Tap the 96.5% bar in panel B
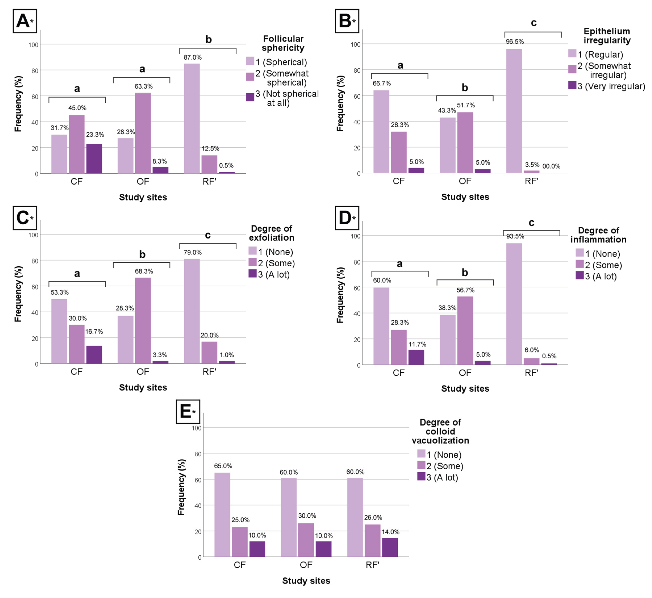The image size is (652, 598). (x=514, y=111)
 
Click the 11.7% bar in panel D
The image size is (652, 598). (x=416, y=357)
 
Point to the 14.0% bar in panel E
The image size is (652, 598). (x=390, y=547)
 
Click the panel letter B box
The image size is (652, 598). (x=347, y=21)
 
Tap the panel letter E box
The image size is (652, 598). (x=188, y=412)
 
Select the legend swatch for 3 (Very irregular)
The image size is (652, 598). (x=572, y=85)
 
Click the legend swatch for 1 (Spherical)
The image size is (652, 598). (x=250, y=61)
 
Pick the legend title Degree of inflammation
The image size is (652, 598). (x=598, y=235)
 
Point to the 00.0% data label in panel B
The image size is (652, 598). (x=551, y=166)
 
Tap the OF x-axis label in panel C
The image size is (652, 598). (x=143, y=372)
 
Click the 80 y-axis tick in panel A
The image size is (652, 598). (x=35, y=71)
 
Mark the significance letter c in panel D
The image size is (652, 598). (x=531, y=223)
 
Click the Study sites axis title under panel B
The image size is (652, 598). (x=465, y=197)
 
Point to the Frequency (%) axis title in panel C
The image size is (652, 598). (x=18, y=294)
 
